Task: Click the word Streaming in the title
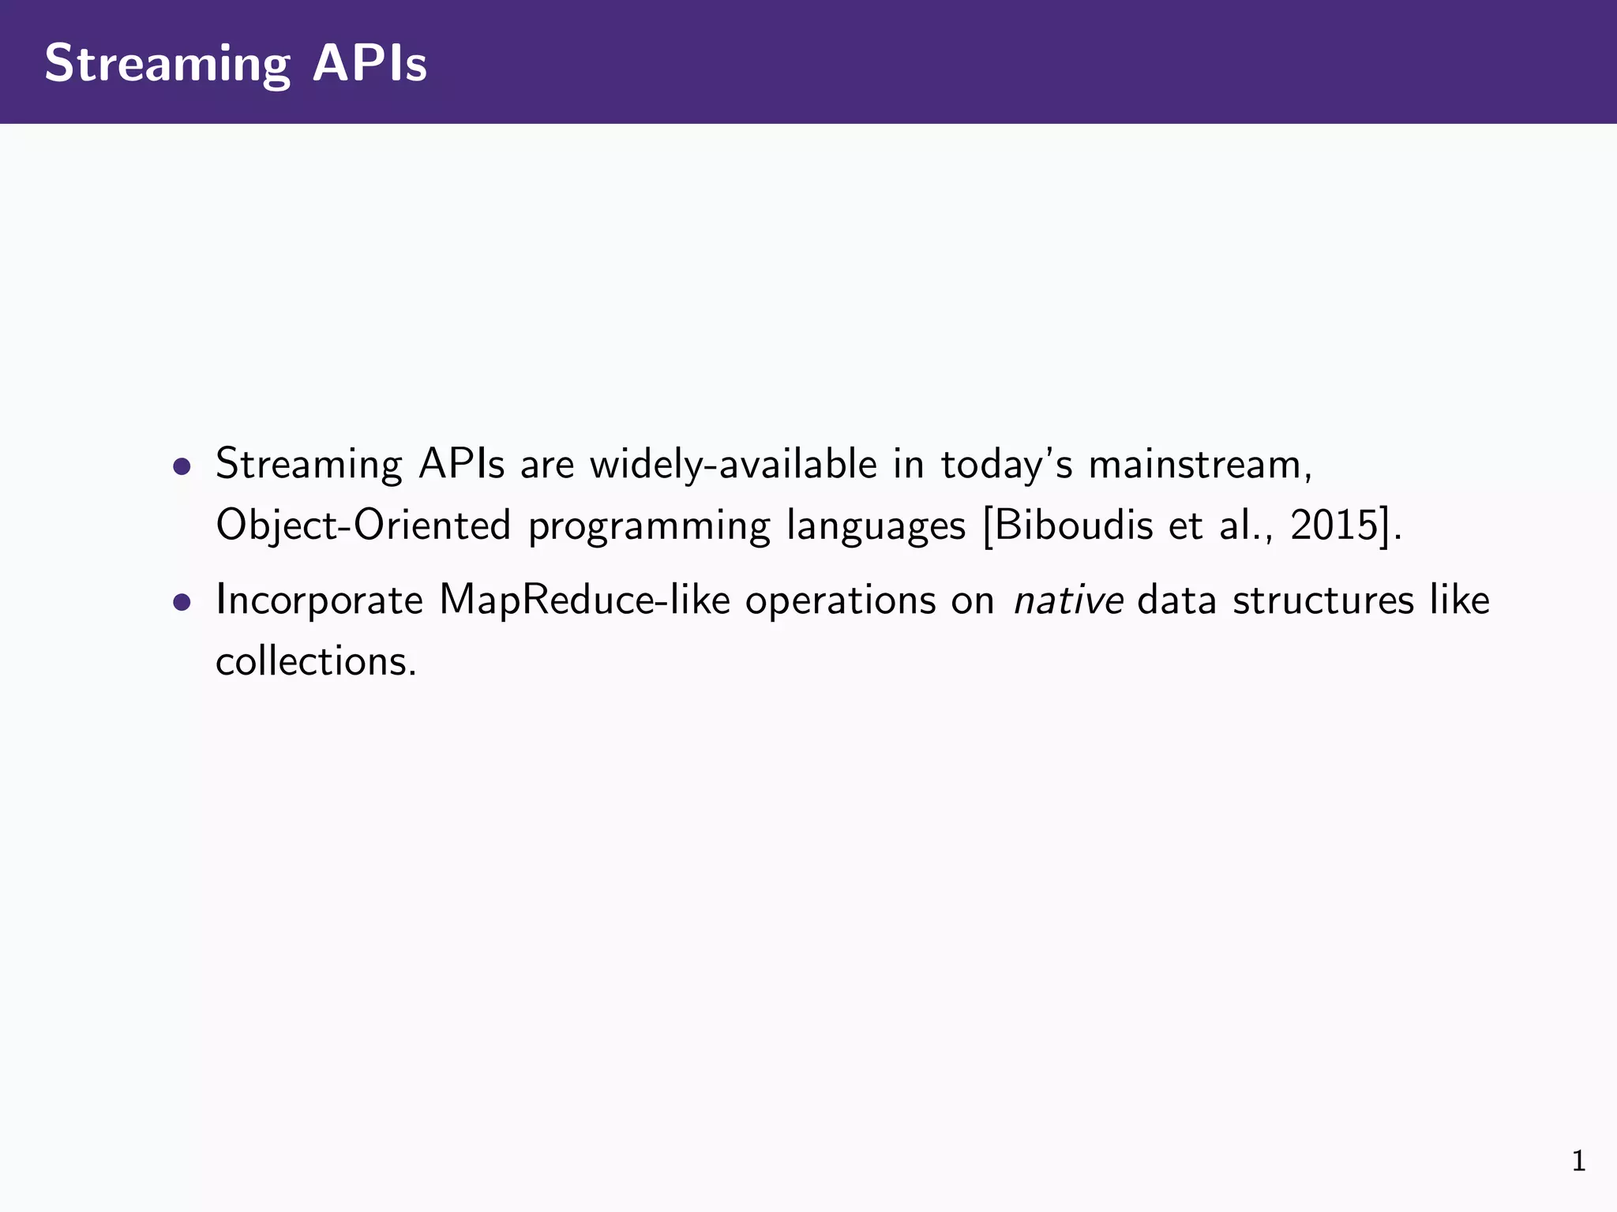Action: click(x=167, y=65)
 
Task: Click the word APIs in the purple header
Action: click(x=370, y=63)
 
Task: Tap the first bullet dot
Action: click(x=182, y=466)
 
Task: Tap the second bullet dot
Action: click(x=182, y=603)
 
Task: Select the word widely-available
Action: click(x=733, y=464)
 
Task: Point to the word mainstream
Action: click(x=1195, y=464)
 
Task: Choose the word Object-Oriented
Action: click(x=363, y=526)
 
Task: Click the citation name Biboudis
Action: click(x=1074, y=525)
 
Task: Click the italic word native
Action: click(x=1068, y=601)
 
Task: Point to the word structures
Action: click(x=1323, y=601)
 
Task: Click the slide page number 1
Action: click(x=1578, y=1161)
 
